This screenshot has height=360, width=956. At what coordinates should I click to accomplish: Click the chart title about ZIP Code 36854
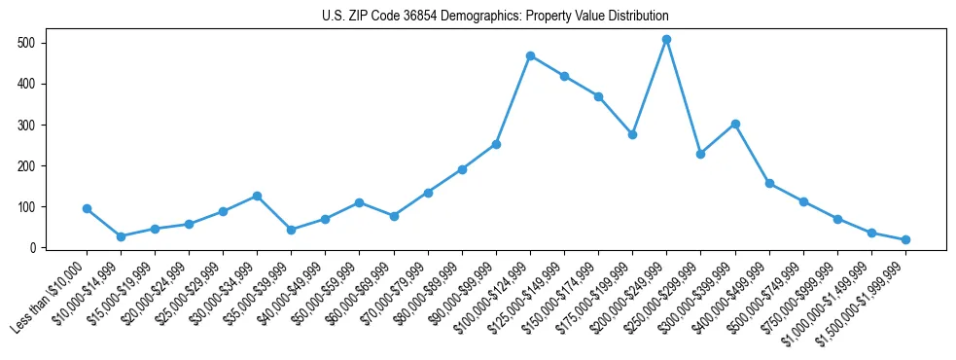pyautogui.click(x=495, y=17)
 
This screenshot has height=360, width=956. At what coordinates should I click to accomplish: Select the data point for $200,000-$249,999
pyautogui.click(x=666, y=40)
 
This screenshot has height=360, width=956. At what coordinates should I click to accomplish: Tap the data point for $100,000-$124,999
pyautogui.click(x=530, y=55)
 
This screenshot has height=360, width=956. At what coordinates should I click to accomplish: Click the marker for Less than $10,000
pyautogui.click(x=87, y=208)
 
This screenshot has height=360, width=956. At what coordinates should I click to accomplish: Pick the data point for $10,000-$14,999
pyautogui.click(x=121, y=236)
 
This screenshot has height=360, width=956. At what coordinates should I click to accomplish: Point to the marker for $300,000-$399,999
pyautogui.click(x=735, y=124)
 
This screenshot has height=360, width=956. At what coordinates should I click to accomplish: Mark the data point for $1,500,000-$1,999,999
pyautogui.click(x=905, y=239)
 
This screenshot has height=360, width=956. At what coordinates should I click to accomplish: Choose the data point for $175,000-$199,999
pyautogui.click(x=632, y=134)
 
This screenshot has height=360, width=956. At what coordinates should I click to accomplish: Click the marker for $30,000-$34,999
pyautogui.click(x=257, y=196)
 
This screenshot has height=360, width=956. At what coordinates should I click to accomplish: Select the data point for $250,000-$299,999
pyautogui.click(x=700, y=154)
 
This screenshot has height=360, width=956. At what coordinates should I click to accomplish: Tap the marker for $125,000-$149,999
pyautogui.click(x=564, y=76)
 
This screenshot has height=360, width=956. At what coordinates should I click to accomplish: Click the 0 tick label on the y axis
pyautogui.click(x=33, y=248)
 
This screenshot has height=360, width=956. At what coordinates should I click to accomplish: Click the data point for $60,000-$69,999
pyautogui.click(x=394, y=216)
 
